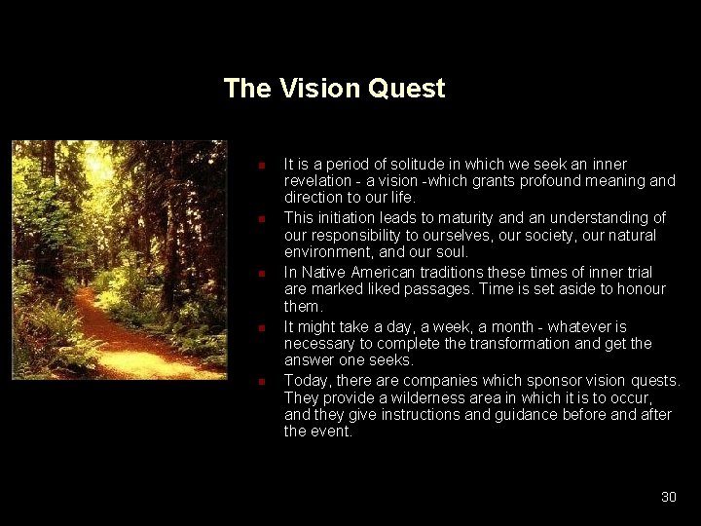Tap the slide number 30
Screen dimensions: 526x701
tap(668, 497)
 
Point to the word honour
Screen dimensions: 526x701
tap(641, 288)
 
